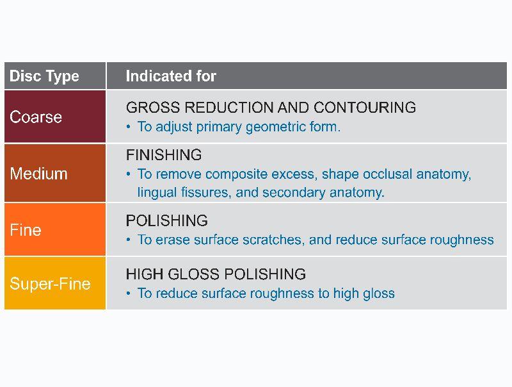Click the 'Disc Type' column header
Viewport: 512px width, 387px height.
44,76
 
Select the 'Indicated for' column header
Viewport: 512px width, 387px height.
171,76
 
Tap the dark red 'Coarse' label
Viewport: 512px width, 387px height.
36,117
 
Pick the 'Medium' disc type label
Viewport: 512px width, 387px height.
38,173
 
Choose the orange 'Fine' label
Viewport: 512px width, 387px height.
26,230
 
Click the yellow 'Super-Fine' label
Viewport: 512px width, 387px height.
51,283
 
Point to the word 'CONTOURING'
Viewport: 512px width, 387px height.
365,108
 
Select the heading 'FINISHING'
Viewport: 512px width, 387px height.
164,155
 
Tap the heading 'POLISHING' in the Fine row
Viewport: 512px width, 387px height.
167,220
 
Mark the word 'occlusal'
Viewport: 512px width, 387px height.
388,174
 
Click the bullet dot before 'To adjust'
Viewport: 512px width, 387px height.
129,127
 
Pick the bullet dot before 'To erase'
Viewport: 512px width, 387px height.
129,240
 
